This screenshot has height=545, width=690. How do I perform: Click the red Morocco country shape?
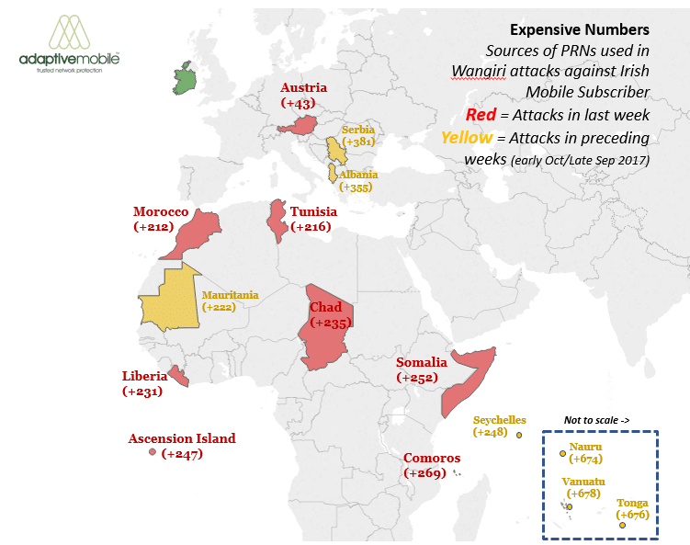[203, 230]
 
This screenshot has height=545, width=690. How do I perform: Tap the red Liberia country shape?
[181, 378]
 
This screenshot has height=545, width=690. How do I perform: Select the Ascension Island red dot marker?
[153, 452]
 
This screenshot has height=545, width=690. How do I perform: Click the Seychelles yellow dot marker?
[519, 436]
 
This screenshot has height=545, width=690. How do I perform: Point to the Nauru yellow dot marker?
[563, 452]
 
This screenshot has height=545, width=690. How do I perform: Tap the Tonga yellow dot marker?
[623, 526]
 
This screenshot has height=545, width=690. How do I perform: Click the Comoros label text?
[432, 458]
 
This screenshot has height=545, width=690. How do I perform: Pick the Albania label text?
[358, 175]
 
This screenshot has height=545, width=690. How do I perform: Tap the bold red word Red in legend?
[481, 114]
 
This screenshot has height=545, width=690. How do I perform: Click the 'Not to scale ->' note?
[597, 420]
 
